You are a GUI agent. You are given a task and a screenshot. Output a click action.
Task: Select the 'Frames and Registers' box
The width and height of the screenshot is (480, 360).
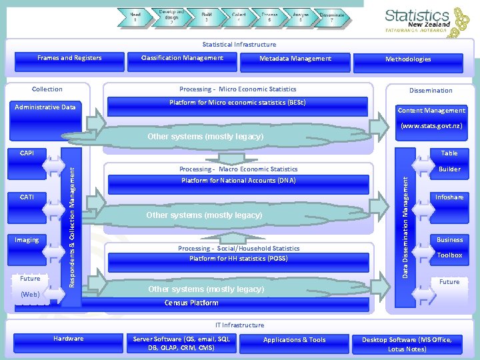(x=69, y=59)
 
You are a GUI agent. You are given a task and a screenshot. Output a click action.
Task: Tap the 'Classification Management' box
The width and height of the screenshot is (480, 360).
(x=182, y=59)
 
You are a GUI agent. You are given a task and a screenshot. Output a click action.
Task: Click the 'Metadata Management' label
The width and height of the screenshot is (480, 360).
(x=295, y=59)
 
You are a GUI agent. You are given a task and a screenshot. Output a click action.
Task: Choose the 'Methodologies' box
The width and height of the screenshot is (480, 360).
(x=408, y=59)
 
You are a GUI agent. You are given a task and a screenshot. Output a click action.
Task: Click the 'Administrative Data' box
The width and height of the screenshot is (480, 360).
(x=45, y=107)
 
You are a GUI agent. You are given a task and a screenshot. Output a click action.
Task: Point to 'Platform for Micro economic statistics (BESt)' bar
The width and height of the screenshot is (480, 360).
(x=237, y=103)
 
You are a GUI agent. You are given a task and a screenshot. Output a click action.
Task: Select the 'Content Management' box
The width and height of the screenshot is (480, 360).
(x=431, y=111)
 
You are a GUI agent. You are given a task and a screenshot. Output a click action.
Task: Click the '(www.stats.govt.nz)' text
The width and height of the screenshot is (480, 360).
(x=431, y=126)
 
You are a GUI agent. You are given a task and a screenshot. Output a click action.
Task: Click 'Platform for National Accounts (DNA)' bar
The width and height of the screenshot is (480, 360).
(x=238, y=181)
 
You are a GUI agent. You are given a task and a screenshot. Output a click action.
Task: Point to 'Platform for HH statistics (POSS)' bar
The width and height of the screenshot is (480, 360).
(x=238, y=259)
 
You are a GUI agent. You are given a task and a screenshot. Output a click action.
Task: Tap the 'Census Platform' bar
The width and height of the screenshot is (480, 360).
(x=191, y=303)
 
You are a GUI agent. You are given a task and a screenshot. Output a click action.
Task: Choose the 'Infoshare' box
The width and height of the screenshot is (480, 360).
(x=449, y=197)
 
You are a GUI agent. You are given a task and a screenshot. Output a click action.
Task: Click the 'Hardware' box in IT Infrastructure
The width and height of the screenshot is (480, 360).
(x=69, y=339)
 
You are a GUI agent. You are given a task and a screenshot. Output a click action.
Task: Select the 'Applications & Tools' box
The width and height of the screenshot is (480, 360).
(x=294, y=340)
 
